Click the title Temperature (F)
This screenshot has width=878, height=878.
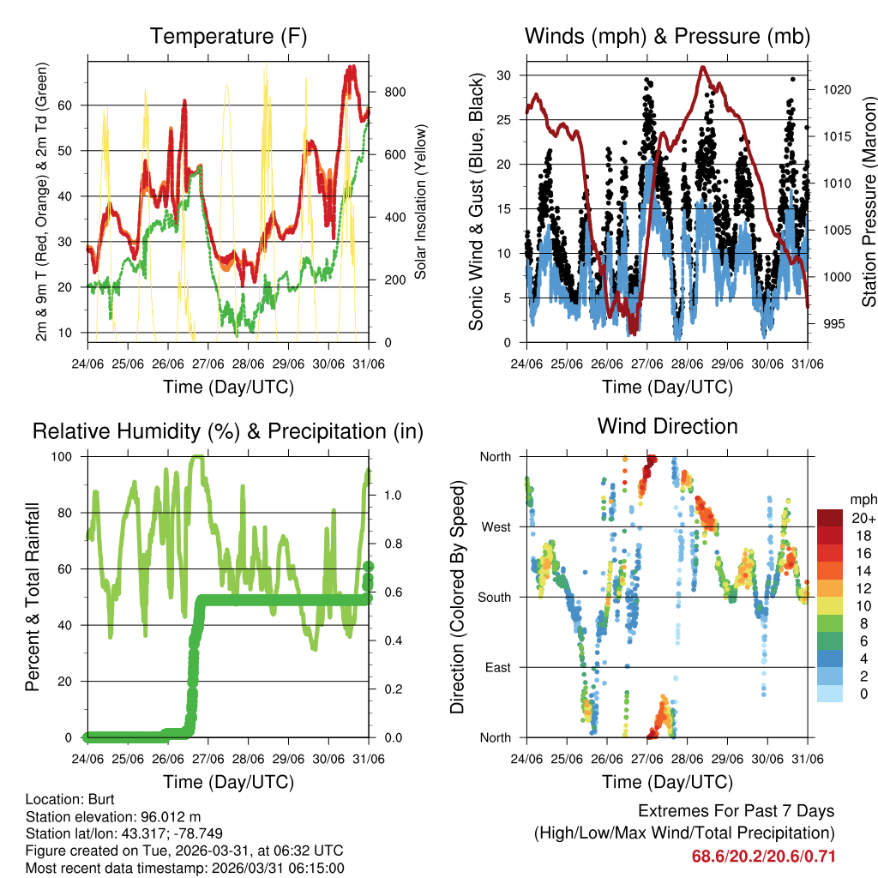pyautogui.click(x=228, y=36)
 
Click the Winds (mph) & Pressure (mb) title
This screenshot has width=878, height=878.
pyautogui.click(x=667, y=36)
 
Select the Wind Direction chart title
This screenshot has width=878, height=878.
pyautogui.click(x=667, y=426)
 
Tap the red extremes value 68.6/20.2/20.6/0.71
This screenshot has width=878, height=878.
pyautogui.click(x=763, y=856)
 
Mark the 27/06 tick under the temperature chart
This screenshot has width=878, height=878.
pyautogui.click(x=207, y=364)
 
